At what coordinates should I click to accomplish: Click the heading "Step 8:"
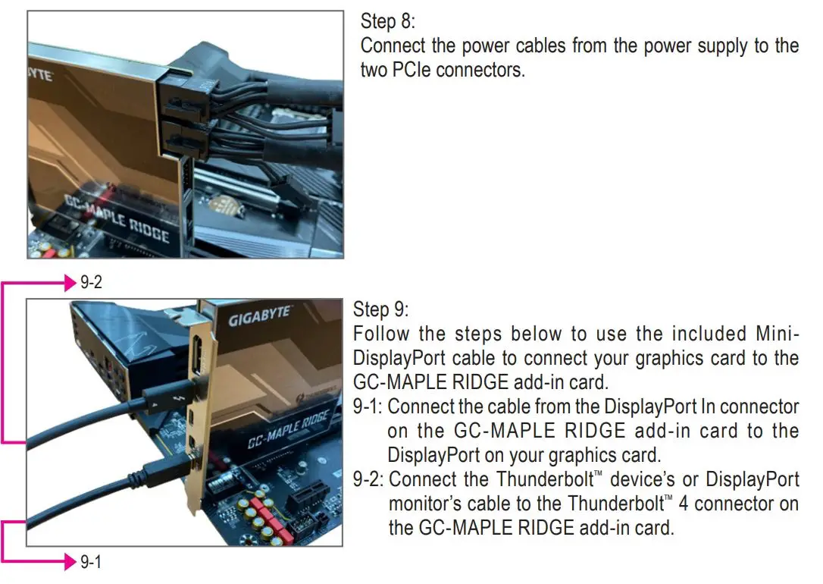pyautogui.click(x=387, y=21)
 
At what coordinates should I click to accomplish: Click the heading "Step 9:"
pyautogui.click(x=380, y=310)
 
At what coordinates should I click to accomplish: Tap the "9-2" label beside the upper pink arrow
pyautogui.click(x=91, y=284)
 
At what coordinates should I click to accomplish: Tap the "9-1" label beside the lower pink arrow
pyautogui.click(x=91, y=562)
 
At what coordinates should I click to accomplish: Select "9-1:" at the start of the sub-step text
pyautogui.click(x=369, y=407)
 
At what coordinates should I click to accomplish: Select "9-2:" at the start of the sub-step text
pyautogui.click(x=370, y=479)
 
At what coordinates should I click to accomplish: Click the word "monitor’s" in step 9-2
pyautogui.click(x=423, y=504)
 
